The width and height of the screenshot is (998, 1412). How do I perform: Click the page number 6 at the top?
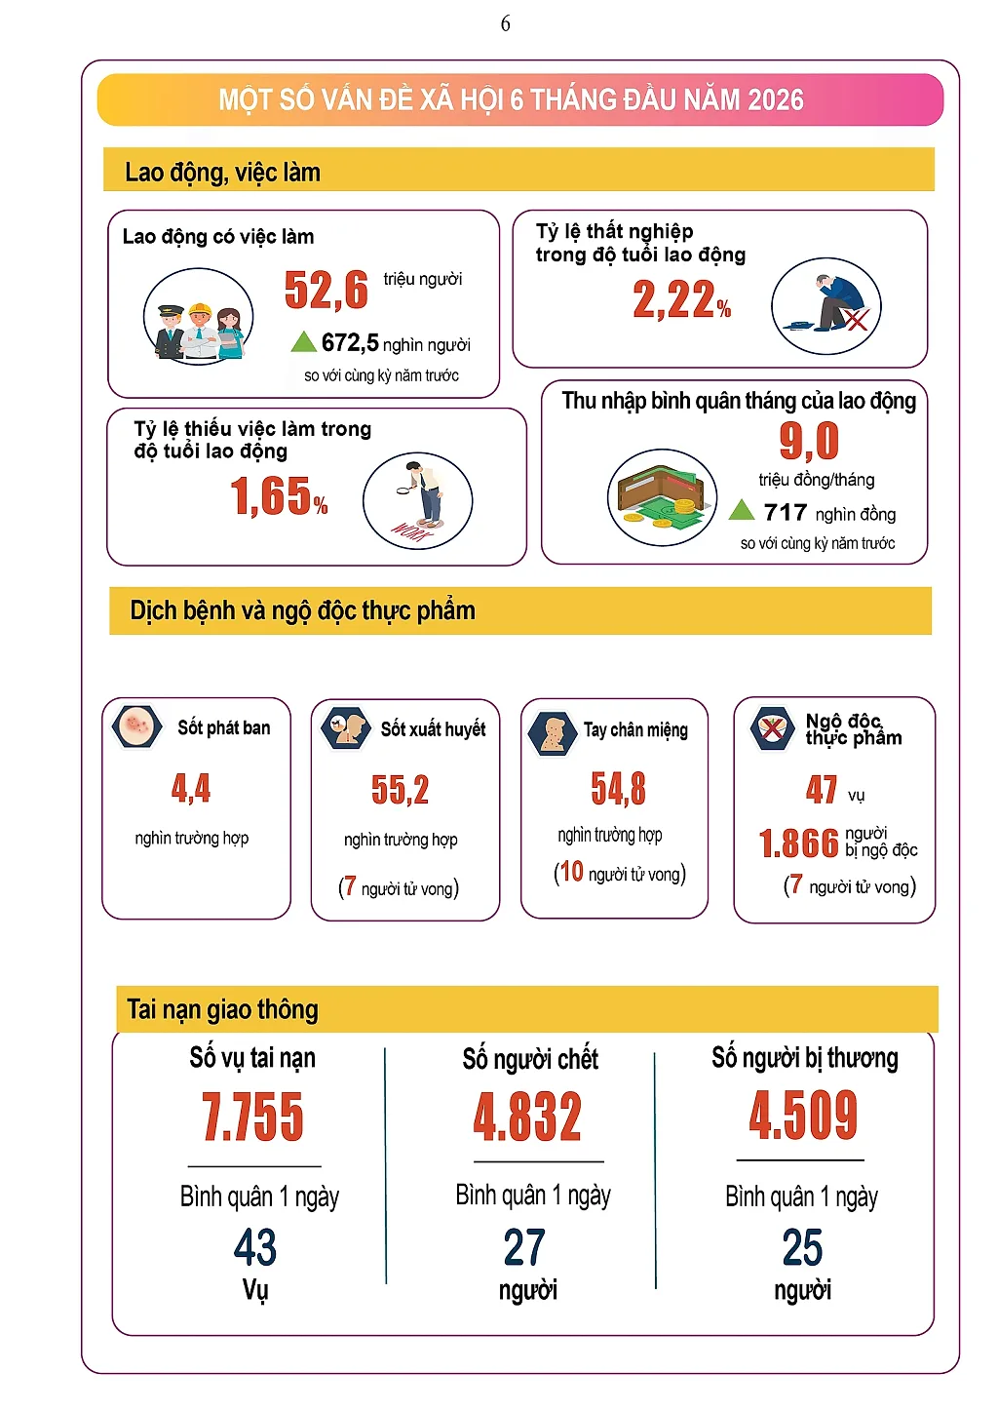click(505, 24)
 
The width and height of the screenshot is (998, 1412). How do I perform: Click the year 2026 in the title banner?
click(776, 100)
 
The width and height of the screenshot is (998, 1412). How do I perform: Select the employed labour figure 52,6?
click(326, 290)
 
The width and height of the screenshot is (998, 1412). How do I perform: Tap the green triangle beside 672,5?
click(303, 341)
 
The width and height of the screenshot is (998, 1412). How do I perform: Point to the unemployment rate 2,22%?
click(681, 299)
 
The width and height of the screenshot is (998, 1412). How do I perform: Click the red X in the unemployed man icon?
click(856, 320)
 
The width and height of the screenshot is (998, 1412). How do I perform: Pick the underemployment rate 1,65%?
click(279, 496)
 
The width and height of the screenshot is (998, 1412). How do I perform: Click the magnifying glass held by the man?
click(403, 490)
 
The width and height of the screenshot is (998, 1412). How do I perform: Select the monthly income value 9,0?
click(809, 441)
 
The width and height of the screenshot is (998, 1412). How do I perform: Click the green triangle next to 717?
click(741, 509)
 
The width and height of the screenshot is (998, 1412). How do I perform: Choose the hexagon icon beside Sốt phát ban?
click(136, 726)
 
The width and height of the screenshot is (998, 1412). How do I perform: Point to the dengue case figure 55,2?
click(401, 790)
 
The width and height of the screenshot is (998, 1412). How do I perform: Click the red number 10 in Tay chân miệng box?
click(571, 872)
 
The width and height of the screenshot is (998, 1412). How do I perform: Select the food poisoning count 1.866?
click(799, 843)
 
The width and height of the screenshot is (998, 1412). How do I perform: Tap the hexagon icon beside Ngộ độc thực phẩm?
click(773, 729)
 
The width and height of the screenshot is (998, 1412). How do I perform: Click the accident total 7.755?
click(252, 1118)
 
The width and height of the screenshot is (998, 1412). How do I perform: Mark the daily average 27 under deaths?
click(524, 1247)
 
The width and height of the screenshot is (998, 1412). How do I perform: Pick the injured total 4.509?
click(803, 1116)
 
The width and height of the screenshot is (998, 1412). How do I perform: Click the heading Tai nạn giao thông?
click(222, 1009)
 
